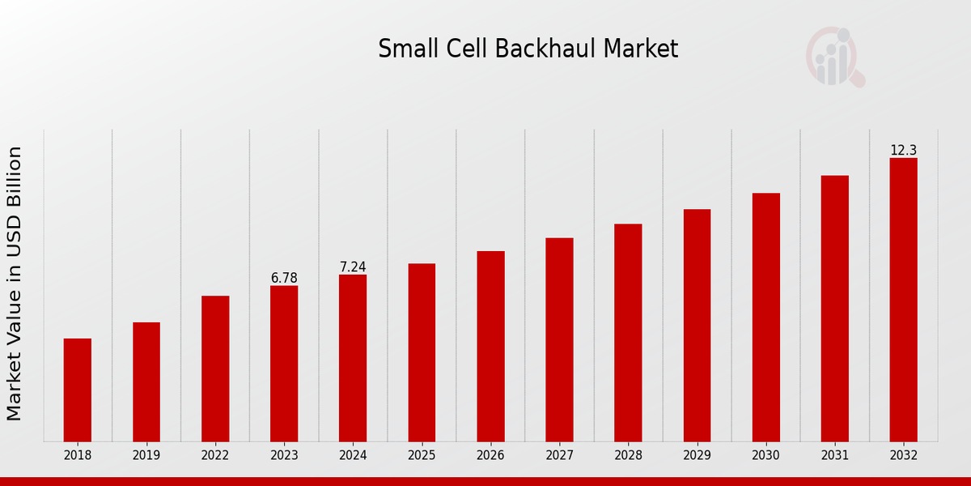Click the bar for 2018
(x=78, y=390)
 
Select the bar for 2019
(x=146, y=382)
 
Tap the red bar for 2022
(x=215, y=369)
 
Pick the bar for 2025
(x=422, y=352)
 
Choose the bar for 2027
(x=559, y=339)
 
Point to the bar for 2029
(x=697, y=325)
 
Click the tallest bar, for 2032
(x=903, y=300)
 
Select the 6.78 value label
(x=284, y=278)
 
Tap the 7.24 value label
(x=353, y=267)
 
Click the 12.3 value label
(x=903, y=151)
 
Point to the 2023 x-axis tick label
(x=284, y=455)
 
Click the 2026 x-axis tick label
(x=490, y=455)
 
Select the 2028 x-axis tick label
(x=628, y=455)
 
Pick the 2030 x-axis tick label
(x=765, y=455)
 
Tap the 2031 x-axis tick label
(x=834, y=455)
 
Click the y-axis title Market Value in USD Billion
(x=15, y=283)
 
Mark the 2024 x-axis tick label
(x=353, y=455)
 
